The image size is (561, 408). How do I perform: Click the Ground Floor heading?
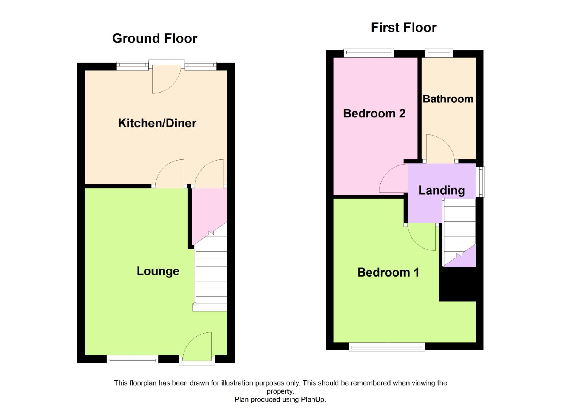click(x=155, y=39)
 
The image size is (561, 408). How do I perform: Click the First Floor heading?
click(x=403, y=28)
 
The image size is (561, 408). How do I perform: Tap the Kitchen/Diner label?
click(x=157, y=123)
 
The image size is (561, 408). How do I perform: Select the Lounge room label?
click(x=158, y=271)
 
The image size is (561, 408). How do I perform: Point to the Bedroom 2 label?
click(x=374, y=113)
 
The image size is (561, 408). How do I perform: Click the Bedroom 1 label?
click(x=388, y=272)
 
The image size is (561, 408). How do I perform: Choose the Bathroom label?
click(x=448, y=99)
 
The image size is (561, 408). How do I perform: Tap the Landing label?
click(x=441, y=190)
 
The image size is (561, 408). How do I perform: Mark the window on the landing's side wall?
click(x=480, y=182)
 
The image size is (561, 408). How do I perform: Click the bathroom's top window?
click(x=439, y=53)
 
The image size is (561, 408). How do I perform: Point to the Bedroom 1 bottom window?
click(x=386, y=346)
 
